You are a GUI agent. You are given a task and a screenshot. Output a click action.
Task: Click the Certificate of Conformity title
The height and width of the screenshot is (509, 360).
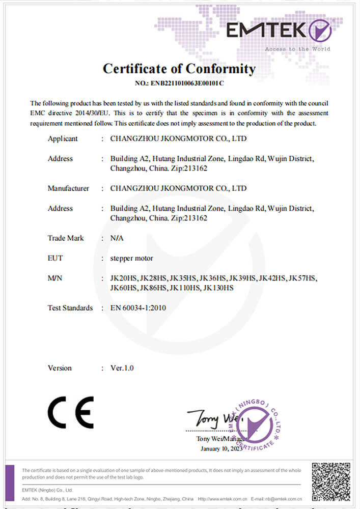pos(179,69)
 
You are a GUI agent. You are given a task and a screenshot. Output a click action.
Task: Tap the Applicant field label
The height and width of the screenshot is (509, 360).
pos(63,138)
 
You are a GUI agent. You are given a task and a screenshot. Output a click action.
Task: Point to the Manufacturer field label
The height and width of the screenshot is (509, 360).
pos(68,188)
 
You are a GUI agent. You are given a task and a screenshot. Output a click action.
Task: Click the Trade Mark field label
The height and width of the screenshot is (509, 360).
pos(66,238)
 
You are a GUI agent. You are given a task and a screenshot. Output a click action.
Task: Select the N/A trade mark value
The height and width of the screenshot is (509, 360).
pos(117,238)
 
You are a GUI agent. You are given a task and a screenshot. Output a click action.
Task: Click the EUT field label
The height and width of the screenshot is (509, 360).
pos(55,258)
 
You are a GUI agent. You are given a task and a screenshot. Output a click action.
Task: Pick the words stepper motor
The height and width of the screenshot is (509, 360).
pos(131,258)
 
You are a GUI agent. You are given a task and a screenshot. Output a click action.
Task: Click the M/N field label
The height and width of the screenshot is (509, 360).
pos(55,278)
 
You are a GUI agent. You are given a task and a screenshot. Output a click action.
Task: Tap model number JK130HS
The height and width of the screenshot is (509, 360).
pos(218,288)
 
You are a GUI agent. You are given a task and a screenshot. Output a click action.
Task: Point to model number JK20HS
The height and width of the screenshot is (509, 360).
pos(123,278)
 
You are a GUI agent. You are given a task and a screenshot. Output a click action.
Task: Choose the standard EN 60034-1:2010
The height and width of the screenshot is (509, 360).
pos(138,308)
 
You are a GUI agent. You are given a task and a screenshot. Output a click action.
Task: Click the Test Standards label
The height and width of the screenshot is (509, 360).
pos(70,308)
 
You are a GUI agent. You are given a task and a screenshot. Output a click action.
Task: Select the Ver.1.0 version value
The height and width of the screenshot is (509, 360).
pos(122,368)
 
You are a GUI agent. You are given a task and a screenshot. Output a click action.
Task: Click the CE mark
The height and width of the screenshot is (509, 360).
pos(71,412)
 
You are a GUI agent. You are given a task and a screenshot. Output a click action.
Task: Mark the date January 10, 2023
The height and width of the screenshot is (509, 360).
pos(223,449)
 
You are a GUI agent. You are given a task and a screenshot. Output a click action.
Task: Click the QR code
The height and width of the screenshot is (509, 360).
pos(331,481)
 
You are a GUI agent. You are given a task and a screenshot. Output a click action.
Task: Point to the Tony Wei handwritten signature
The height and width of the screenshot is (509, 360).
pos(209,418)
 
